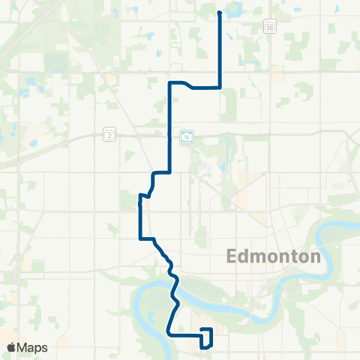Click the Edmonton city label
coord(273,256)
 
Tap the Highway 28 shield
coord(268,28)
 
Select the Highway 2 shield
coord(110,134)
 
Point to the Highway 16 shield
coord(187,136)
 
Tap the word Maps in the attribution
coord(34,347)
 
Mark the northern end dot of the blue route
coord(219,13)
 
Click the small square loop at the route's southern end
coord(207,337)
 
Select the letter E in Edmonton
coord(231,256)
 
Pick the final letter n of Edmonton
coord(316,256)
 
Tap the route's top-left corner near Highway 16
coord(171,82)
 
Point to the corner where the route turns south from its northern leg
coord(219,87)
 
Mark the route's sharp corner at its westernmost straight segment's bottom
coord(139,239)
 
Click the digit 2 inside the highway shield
coord(110,134)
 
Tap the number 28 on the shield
coord(268,28)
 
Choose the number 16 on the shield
coord(187,136)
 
